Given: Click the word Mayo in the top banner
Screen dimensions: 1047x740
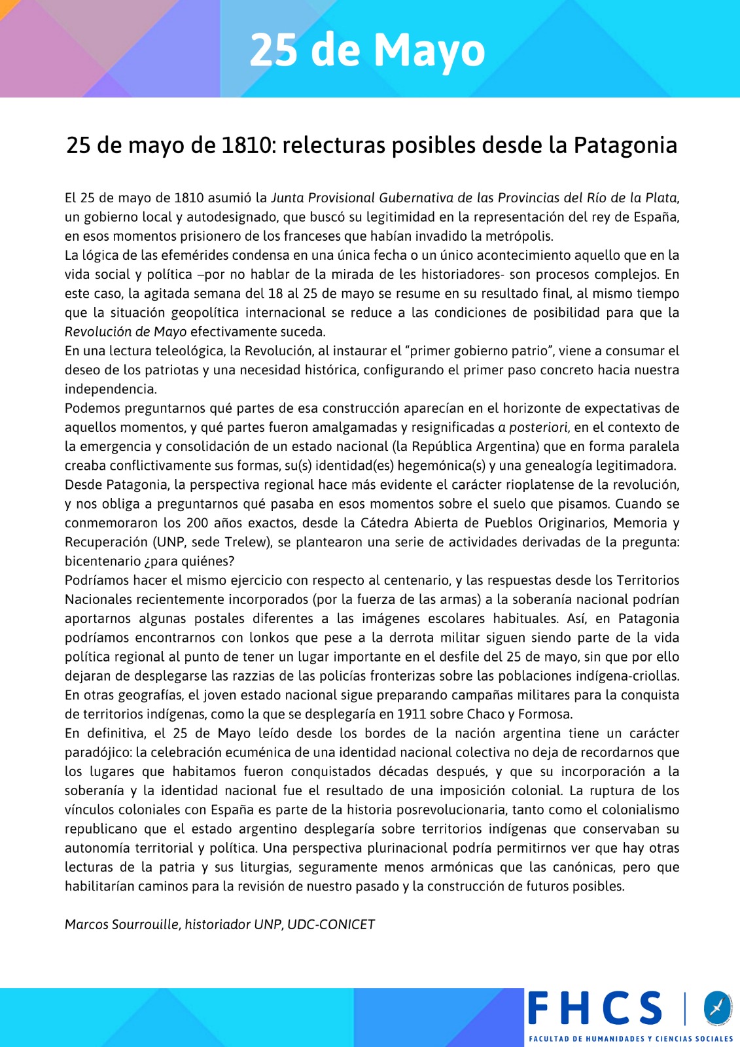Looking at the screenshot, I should coord(429,51).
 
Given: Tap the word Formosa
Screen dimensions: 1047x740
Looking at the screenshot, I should coord(545,714).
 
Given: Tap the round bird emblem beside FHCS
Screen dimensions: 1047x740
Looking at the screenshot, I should coord(717,1008).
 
